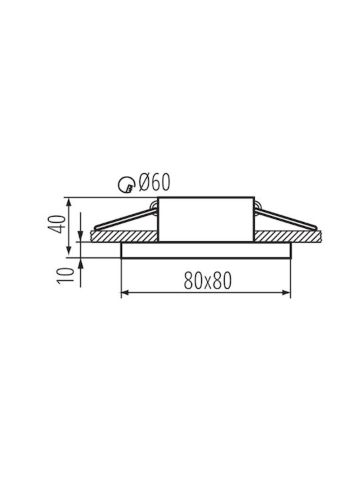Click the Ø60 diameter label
[154, 183]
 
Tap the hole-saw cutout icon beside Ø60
[127, 185]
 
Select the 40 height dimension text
[57, 225]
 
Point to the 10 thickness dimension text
[65, 275]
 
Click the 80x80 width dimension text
[207, 281]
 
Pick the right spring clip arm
[285, 219]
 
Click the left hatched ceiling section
[124, 236]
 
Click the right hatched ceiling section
[288, 236]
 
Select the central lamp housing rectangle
[206, 219]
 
